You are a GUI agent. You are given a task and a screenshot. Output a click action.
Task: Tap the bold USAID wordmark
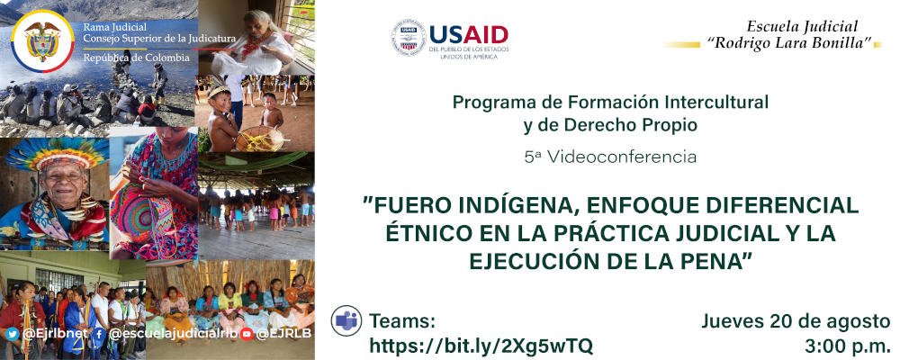[x=469, y=34]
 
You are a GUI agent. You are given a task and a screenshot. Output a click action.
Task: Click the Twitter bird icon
[x=13, y=334]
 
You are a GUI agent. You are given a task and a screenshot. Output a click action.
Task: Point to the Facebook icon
[x=99, y=334]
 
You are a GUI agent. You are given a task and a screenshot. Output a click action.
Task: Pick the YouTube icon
[x=247, y=334]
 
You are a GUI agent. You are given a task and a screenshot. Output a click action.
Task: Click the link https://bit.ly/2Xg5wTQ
[x=481, y=346]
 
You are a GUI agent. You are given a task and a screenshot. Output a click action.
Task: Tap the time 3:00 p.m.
[x=849, y=346]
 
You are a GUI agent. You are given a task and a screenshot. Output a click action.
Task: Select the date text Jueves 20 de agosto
[x=796, y=321]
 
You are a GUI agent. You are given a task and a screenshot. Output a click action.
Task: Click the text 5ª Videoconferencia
[x=610, y=157]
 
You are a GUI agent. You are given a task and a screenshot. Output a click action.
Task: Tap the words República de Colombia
[x=136, y=58]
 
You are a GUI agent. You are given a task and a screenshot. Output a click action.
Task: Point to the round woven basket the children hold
[x=259, y=139]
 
